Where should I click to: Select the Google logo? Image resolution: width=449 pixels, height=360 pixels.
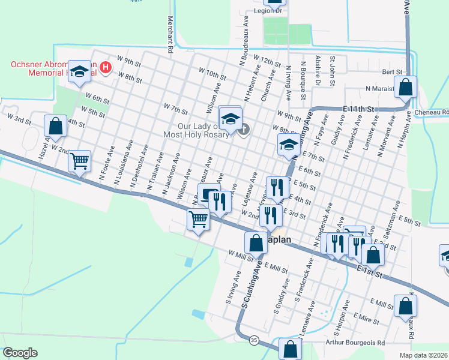[20, 353]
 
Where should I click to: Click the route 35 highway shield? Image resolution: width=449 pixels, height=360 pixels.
[254, 340]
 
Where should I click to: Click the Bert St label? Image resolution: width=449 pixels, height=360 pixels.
[392, 71]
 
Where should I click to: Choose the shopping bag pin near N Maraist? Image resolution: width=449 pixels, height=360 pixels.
[406, 88]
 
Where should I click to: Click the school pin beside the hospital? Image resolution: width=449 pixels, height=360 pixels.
[79, 72]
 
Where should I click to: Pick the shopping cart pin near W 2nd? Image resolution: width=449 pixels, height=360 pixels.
[79, 161]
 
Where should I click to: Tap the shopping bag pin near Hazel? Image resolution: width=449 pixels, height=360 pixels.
[55, 126]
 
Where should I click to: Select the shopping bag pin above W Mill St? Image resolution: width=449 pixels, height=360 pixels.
[256, 243]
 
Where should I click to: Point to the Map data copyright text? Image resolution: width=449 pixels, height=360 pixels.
[423, 355]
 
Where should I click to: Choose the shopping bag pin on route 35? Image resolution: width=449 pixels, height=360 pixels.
[290, 349]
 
